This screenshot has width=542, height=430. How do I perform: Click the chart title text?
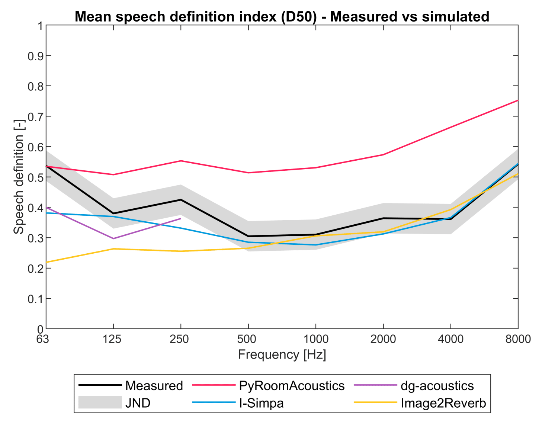coord(282,17)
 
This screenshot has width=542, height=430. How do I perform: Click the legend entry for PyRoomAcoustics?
coord(291,386)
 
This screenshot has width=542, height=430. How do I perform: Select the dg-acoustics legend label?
coord(437,386)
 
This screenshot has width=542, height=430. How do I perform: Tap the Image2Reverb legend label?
coord(443,403)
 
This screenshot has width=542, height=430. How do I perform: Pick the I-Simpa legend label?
coord(261,403)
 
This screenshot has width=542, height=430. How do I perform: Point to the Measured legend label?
coord(154,386)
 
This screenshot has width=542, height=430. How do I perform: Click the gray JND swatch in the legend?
coord(100,402)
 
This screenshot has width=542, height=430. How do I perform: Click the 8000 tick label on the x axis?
coord(518,339)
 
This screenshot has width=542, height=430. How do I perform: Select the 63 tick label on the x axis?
coord(43,339)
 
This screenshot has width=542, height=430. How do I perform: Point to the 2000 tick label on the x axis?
coord(383,339)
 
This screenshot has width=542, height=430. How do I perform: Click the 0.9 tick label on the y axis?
coord(35,56)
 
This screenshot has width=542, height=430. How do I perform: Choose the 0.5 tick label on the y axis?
coord(35,177)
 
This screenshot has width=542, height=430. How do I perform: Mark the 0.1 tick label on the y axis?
coord(35,298)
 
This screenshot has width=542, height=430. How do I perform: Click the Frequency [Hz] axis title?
coord(282,354)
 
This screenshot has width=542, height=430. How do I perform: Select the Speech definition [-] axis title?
coord(19,177)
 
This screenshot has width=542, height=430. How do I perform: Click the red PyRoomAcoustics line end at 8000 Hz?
coord(517,100)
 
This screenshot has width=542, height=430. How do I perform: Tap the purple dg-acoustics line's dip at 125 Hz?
coord(113,238)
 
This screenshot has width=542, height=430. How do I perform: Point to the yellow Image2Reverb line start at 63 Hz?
coord(46,262)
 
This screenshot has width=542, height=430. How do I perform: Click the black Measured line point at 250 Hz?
coord(181,200)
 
